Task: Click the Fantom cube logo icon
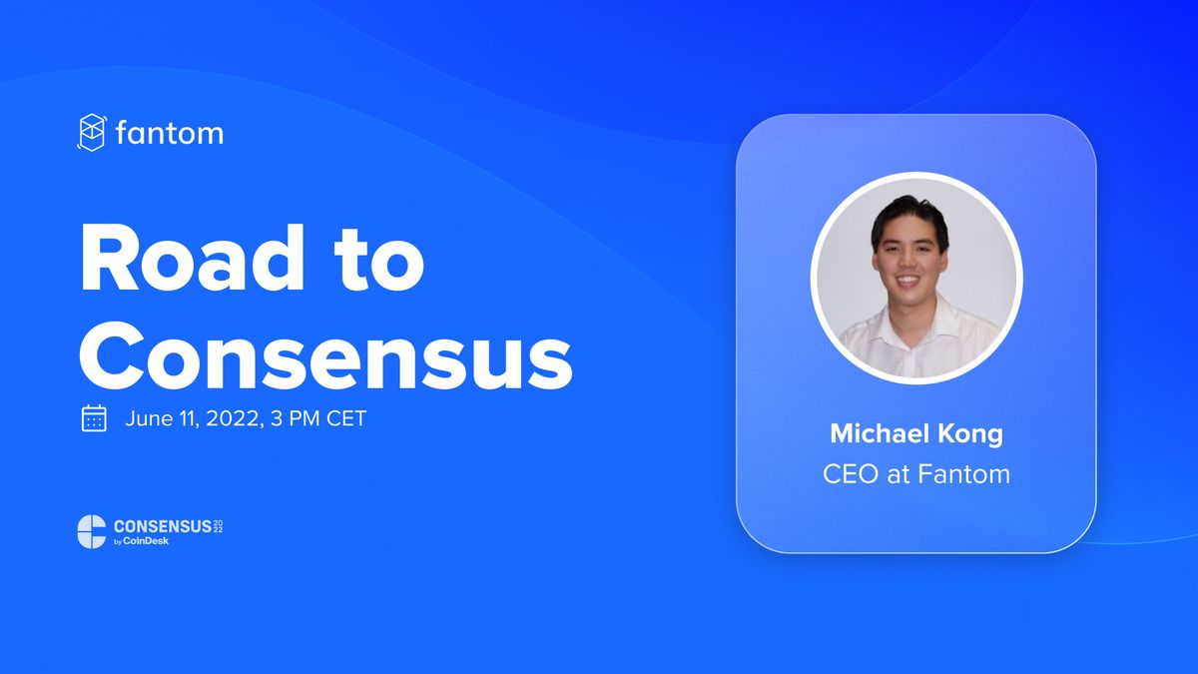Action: click(92, 133)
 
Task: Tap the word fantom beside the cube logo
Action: click(170, 133)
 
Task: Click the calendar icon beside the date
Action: click(94, 418)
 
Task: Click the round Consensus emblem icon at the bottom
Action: click(92, 531)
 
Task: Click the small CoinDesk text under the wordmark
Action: click(147, 542)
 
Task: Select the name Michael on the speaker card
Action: click(875, 434)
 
